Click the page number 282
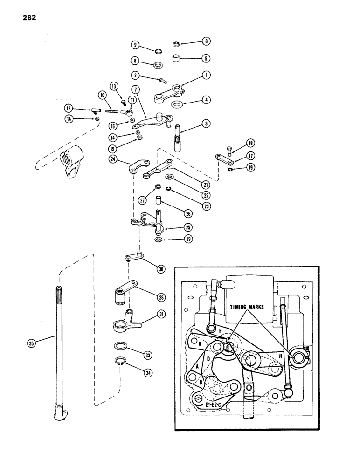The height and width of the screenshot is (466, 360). pos(28,18)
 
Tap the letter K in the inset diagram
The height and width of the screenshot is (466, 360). pos(200,343)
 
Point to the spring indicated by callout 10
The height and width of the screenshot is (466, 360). pos(112,111)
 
